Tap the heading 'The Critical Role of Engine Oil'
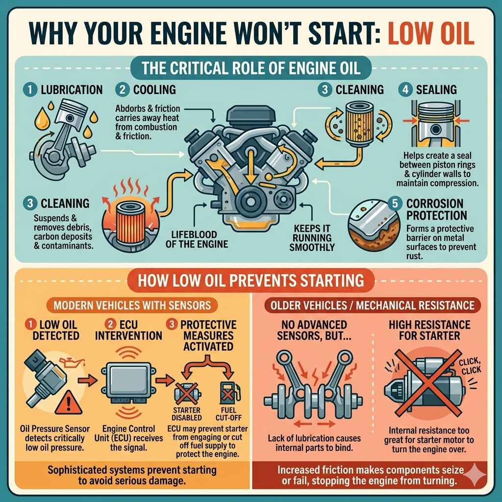pyautogui.click(x=251, y=68)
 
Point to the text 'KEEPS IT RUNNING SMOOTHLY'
pyautogui.click(x=311, y=238)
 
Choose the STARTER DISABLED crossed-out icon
pyautogui.click(x=187, y=395)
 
